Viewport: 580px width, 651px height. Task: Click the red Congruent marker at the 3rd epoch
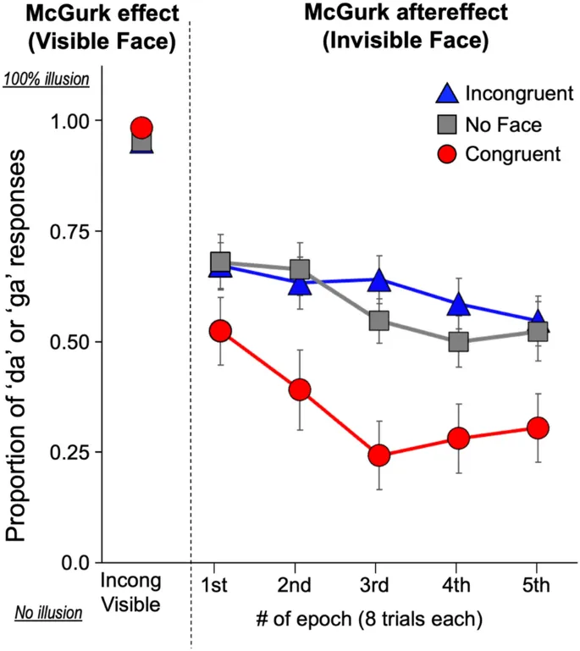pyautogui.click(x=378, y=455)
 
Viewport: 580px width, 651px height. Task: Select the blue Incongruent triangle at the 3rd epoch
pyautogui.click(x=378, y=281)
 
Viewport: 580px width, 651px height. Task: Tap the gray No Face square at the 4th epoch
pyautogui.click(x=459, y=342)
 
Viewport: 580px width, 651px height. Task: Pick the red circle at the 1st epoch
pyautogui.click(x=221, y=331)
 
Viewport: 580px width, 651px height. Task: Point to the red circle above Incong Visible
pyautogui.click(x=142, y=128)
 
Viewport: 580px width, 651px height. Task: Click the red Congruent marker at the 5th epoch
pyautogui.click(x=538, y=428)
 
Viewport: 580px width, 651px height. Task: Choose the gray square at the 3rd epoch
pyautogui.click(x=378, y=321)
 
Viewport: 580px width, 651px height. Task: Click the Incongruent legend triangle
pyautogui.click(x=445, y=94)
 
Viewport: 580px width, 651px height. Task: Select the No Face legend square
pyautogui.click(x=445, y=124)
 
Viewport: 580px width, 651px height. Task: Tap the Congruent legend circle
pyautogui.click(x=445, y=155)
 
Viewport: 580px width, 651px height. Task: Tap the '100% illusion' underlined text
pyautogui.click(x=47, y=80)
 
